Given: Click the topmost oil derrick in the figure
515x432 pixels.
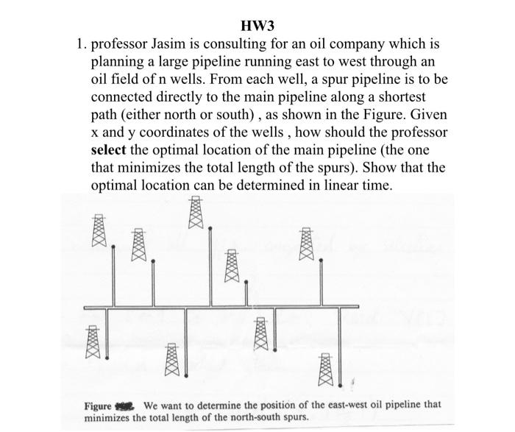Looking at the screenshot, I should pos(196,213).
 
